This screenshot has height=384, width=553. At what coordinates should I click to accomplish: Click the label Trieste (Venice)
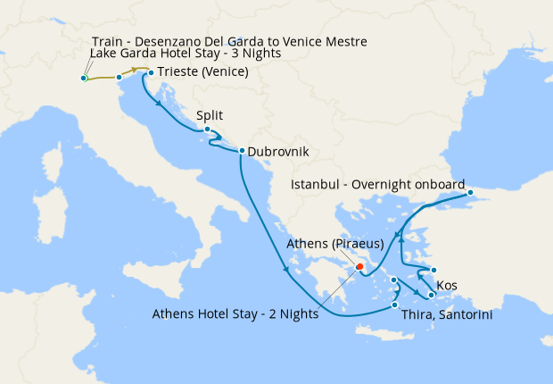point(202,72)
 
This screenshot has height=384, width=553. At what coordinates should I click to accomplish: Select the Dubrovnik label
point(278,152)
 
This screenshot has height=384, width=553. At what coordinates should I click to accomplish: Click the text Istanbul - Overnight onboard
point(378,184)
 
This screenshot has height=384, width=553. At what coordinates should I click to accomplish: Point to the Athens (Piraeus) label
point(335,244)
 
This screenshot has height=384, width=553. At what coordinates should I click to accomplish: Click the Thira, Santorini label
point(448,315)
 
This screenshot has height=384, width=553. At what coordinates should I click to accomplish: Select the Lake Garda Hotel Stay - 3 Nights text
point(186,54)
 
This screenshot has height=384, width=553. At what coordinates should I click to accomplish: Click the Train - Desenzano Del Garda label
point(229,41)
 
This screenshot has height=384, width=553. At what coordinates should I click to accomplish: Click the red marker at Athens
point(359,265)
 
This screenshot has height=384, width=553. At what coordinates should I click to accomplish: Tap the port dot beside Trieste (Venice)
point(151,72)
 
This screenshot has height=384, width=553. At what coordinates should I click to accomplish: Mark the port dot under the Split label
point(207,129)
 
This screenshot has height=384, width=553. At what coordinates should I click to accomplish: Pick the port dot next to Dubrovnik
point(242,150)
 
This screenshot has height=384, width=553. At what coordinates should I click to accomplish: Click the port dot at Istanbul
point(470,190)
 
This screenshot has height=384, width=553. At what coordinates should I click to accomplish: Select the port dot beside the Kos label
point(433,271)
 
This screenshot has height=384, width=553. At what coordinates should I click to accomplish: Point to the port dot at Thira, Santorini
point(394,305)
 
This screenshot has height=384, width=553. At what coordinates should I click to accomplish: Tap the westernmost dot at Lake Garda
point(83,79)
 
